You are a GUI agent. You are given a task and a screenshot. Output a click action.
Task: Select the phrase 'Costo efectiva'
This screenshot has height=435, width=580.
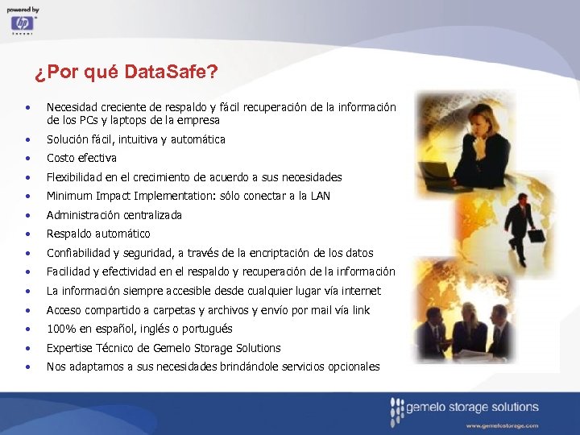point(81,158)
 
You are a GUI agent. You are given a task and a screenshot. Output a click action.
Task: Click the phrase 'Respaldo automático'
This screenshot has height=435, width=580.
point(98,234)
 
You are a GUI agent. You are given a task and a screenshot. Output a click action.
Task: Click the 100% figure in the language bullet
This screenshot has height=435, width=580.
point(61,329)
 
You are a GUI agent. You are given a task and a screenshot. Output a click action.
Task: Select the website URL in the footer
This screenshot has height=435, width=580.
point(501,425)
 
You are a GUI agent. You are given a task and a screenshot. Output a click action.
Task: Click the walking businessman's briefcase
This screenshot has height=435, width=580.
point(535,237)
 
